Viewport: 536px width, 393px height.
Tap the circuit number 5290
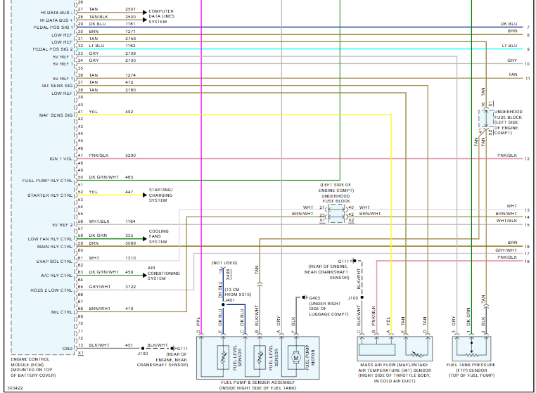(130, 155)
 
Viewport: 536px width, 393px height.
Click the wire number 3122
(130, 286)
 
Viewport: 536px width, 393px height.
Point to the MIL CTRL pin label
(63, 311)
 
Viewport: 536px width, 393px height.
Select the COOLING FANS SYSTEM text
(158, 236)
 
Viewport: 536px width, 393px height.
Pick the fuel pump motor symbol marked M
(296, 356)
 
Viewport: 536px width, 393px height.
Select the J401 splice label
(229, 299)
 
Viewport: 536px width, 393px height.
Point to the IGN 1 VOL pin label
(61, 159)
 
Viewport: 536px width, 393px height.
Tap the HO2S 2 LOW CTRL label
(53, 290)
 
